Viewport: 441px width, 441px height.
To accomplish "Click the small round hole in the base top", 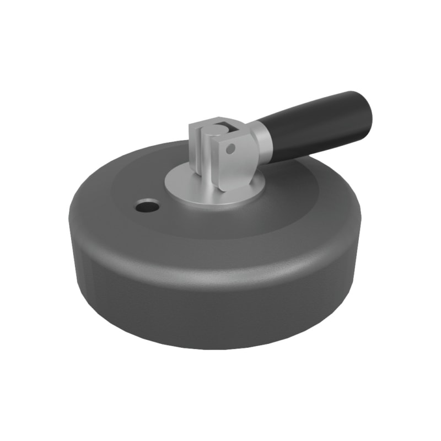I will pos(147,207).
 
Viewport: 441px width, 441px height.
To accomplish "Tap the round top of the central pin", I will pos(217,131).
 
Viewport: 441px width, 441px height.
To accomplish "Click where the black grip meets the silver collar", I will pos(270,141).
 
